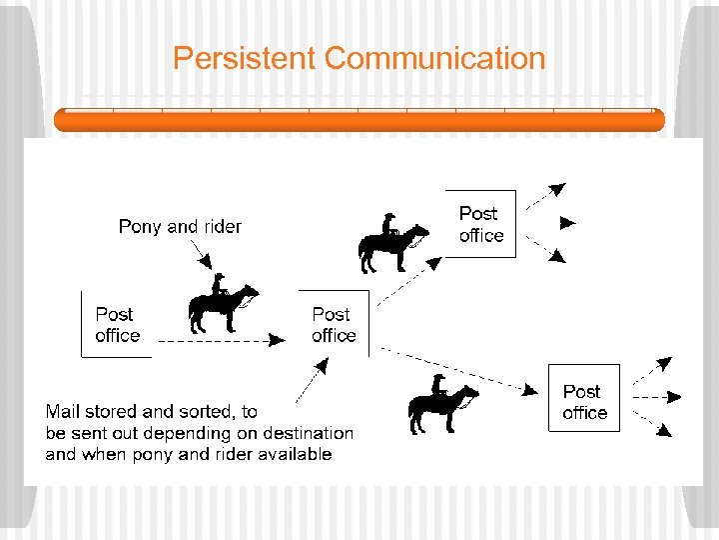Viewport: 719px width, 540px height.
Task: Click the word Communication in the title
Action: click(x=435, y=58)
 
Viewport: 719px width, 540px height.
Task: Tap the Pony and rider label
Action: click(x=180, y=227)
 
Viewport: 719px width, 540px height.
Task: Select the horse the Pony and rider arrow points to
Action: click(x=222, y=304)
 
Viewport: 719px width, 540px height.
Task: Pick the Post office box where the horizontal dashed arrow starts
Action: click(x=117, y=325)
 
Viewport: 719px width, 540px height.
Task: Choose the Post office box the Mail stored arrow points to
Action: click(x=334, y=325)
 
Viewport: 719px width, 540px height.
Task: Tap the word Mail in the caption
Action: click(x=63, y=411)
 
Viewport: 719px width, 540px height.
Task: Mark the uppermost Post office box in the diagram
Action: click(x=480, y=224)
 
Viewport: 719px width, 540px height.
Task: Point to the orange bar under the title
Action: click(x=359, y=120)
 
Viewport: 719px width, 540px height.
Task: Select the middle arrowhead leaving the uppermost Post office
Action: click(x=567, y=222)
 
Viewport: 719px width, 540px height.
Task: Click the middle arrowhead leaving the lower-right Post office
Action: click(x=671, y=397)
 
